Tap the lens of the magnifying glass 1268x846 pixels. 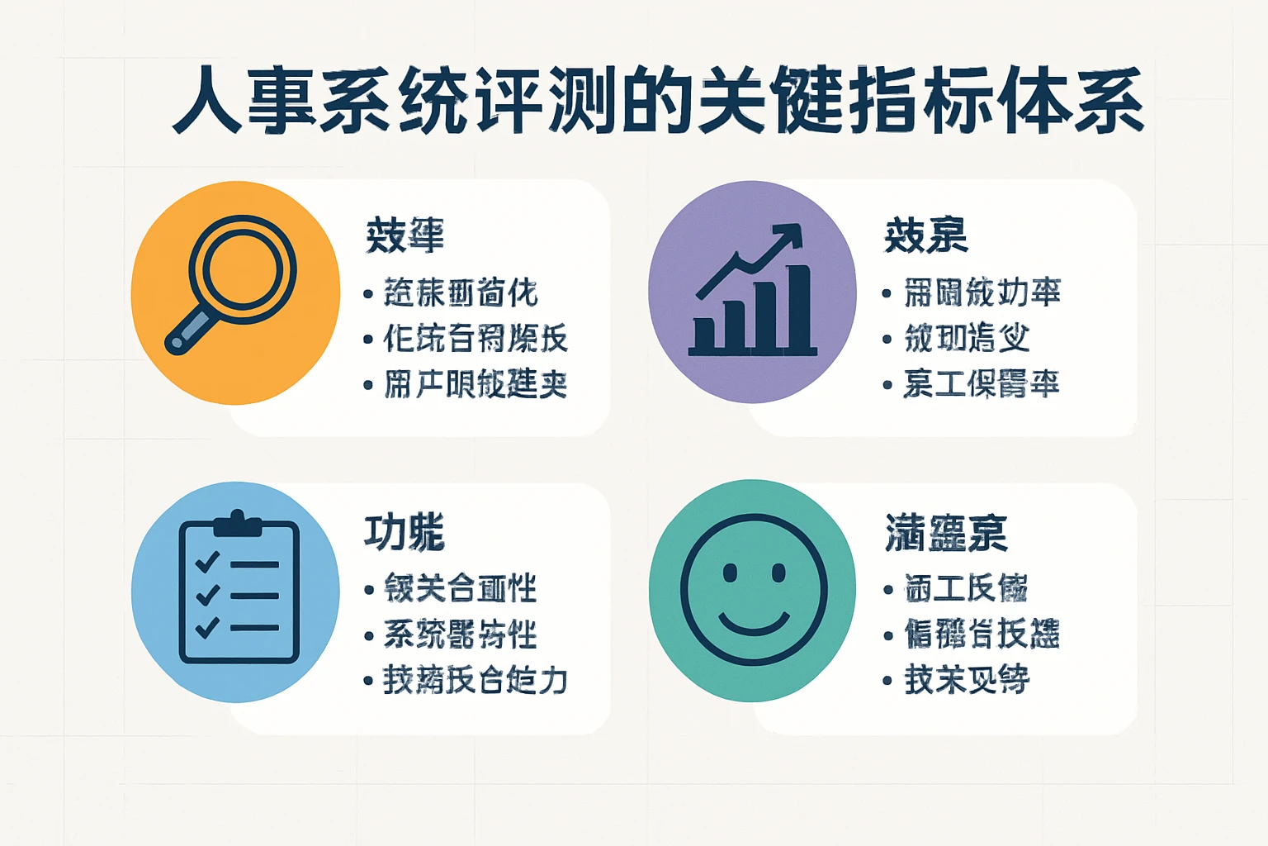click(241, 268)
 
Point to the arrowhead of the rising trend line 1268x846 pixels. click(791, 234)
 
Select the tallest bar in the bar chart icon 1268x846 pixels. click(797, 307)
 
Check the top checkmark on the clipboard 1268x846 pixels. click(206, 563)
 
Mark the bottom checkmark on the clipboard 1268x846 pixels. click(206, 627)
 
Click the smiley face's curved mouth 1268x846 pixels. click(753, 622)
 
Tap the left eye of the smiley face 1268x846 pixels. click(729, 573)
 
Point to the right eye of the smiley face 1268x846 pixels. click(778, 573)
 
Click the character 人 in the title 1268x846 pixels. click(206, 101)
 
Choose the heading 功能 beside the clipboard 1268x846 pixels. click(405, 532)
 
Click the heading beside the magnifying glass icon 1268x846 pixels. click(405, 235)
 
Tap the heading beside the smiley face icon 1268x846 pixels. click(946, 532)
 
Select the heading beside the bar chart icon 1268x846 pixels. click(925, 235)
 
